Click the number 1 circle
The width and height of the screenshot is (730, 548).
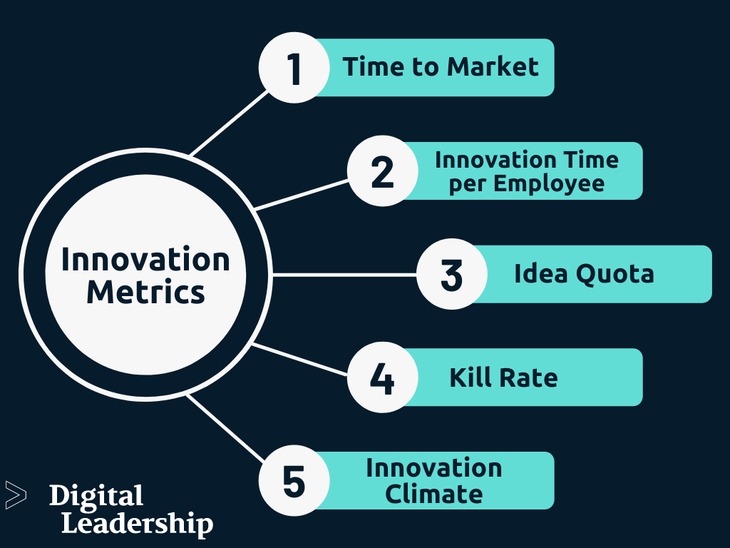pos(294,68)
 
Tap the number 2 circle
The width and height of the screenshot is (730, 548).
pos(383,171)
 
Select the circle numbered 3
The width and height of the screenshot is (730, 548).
pos(452,275)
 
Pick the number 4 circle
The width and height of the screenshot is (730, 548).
pos(383,377)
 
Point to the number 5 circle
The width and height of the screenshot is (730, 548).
pos(294,480)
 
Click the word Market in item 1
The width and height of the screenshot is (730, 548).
pos(493,67)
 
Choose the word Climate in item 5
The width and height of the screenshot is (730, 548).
pos(433,493)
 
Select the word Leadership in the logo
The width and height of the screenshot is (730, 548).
pos(137,524)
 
